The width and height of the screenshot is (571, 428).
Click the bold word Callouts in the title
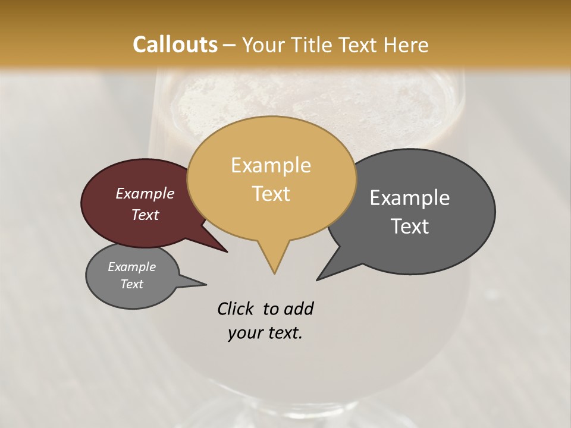175,45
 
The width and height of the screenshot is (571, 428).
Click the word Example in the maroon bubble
145,193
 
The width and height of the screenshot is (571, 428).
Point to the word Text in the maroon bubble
145,215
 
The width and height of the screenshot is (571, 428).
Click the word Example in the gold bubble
271,165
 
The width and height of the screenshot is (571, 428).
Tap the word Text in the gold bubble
271,194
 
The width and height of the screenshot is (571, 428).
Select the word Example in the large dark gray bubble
410,198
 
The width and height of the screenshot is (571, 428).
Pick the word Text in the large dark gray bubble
410,226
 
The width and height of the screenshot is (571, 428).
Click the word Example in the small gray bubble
132,267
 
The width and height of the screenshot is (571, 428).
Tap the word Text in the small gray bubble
132,284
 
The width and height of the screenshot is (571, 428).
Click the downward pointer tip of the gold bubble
274,273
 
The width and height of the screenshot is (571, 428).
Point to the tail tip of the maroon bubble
227,251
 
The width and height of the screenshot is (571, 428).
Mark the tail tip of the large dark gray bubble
318,279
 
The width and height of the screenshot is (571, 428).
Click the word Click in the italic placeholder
236,309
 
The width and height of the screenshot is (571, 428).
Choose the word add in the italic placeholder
299,309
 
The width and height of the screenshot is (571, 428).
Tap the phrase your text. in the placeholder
265,333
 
